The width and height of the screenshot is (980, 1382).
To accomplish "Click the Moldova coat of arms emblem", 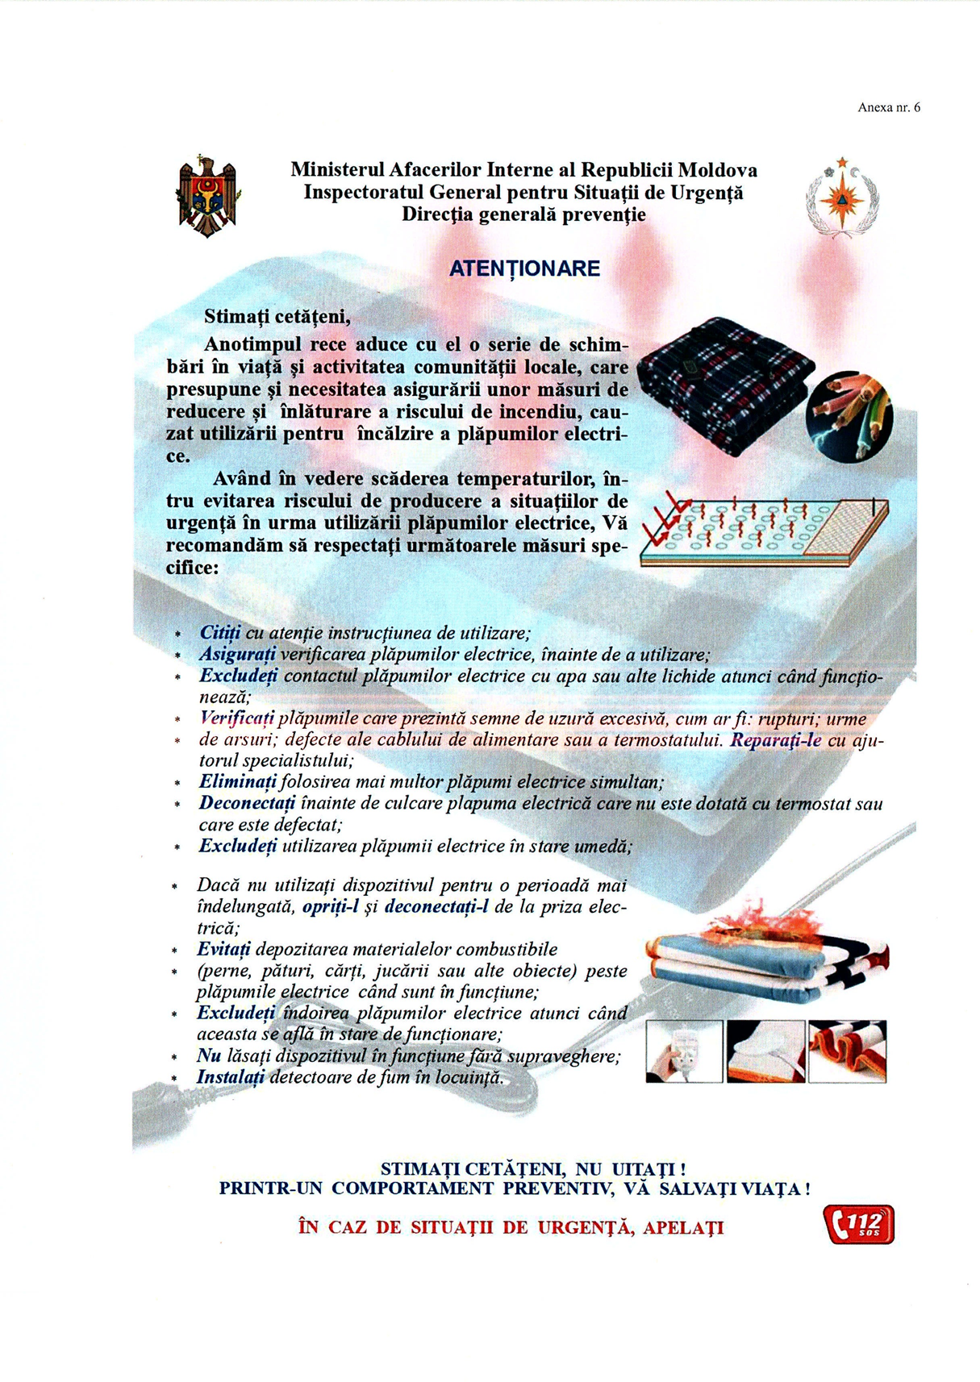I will pyautogui.click(x=208, y=196).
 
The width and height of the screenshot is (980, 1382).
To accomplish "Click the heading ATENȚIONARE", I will pyautogui.click(x=524, y=268).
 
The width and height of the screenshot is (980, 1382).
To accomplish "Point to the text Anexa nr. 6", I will pyautogui.click(x=889, y=107).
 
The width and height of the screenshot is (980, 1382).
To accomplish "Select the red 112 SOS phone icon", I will pyautogui.click(x=858, y=1225).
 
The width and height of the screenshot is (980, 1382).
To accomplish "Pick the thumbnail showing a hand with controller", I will pyautogui.click(x=684, y=1051).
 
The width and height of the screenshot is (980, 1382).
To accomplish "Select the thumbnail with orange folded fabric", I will pyautogui.click(x=847, y=1051).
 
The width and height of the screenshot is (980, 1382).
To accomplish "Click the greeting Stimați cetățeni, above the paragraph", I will pyautogui.click(x=277, y=315).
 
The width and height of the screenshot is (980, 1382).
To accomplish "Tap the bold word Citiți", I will pyautogui.click(x=220, y=633).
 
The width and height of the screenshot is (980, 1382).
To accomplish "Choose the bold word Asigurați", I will pyautogui.click(x=238, y=654).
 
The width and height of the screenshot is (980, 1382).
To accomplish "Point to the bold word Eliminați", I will pyautogui.click(x=238, y=782).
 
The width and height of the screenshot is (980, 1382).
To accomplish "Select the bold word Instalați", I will pyautogui.click(x=231, y=1077).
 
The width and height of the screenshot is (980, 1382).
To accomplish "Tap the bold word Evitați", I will pyautogui.click(x=223, y=949).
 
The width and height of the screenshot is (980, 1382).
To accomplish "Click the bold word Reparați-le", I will pyautogui.click(x=775, y=740).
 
